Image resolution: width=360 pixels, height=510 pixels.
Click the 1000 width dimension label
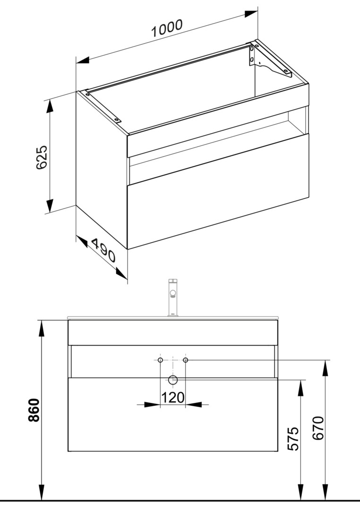point(167,28)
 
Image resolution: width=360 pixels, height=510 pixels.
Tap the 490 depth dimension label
point(103,250)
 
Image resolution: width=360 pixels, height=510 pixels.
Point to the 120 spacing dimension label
point(173,397)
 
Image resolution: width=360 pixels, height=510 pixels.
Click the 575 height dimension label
point(294,438)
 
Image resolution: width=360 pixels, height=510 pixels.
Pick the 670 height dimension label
point(318,428)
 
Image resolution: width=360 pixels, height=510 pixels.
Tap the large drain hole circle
point(173,379)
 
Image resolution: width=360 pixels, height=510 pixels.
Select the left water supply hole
point(160,360)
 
